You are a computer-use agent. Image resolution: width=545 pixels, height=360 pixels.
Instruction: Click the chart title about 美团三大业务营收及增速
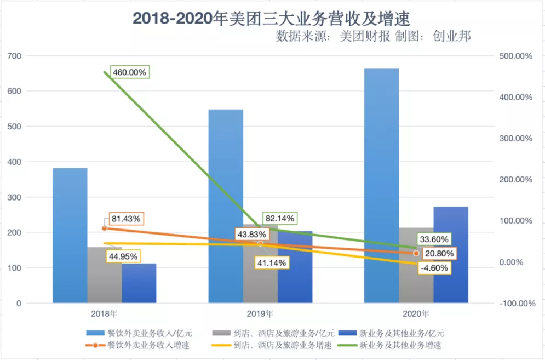(272, 18)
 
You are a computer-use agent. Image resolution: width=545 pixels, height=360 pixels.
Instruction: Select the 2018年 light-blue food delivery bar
(70, 236)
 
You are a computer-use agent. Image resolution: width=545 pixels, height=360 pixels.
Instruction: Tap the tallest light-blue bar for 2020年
(382, 186)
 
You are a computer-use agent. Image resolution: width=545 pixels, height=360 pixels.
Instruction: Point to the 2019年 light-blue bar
(226, 205)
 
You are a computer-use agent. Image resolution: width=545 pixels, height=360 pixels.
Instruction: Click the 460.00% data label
(130, 72)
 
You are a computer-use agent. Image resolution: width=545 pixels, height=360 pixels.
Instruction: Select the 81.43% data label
(125, 218)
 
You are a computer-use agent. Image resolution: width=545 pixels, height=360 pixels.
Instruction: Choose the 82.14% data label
(279, 218)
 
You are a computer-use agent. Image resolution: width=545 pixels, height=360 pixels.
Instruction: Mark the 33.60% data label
(434, 239)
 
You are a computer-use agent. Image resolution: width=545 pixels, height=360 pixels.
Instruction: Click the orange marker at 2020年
(416, 253)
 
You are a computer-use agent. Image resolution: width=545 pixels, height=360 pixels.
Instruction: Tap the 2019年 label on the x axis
(260, 314)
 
